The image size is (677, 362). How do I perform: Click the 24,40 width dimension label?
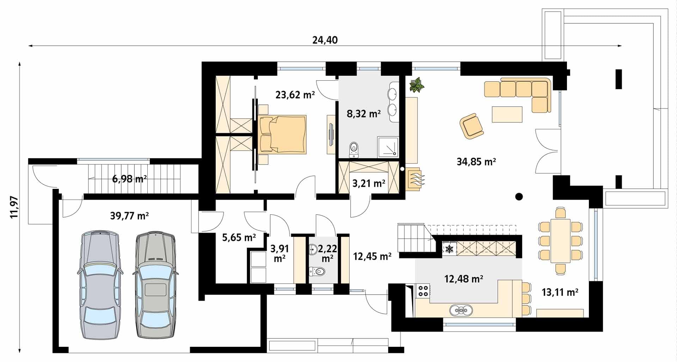pyautogui.click(x=325, y=40)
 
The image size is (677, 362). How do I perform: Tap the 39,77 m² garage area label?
pyautogui.click(x=129, y=215)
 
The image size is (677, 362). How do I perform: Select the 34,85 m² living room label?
pyautogui.click(x=476, y=162)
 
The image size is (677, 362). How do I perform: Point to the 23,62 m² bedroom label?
pyautogui.click(x=295, y=94)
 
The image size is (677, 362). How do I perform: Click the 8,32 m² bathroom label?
pyautogui.click(x=364, y=114)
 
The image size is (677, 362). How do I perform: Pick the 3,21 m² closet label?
pyautogui.click(x=369, y=183)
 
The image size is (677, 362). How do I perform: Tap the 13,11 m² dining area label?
pyautogui.click(x=560, y=292)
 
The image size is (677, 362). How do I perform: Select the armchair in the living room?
pyautogui.click(x=471, y=125)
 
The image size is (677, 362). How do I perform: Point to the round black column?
pyautogui.click(x=519, y=197)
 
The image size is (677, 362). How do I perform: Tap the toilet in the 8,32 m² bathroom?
pyautogui.click(x=354, y=149)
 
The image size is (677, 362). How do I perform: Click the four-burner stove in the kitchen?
pyautogui.click(x=423, y=290)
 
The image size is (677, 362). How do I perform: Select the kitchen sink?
pyautogui.click(x=461, y=310)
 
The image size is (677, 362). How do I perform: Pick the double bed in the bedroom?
pyautogui.click(x=282, y=134)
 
